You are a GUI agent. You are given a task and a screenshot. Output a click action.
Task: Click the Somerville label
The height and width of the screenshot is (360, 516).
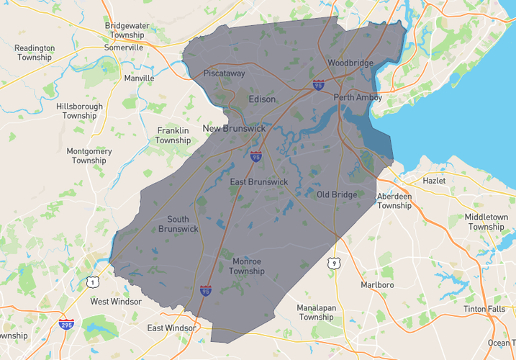pos(124,48)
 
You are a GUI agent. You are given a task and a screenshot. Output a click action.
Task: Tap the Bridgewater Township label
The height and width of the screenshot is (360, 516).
pos(125,30)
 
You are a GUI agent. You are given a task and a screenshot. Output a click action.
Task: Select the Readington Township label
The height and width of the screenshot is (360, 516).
pos(35,53)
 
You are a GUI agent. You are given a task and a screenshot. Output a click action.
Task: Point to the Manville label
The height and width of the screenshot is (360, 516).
pos(139,78)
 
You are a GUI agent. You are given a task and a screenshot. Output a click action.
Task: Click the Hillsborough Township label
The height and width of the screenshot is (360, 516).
pos(79,111)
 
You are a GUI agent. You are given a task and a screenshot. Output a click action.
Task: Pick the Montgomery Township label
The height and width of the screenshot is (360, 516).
pos(89,156)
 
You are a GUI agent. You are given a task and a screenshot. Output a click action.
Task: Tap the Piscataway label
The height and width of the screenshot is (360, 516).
pos(225,73)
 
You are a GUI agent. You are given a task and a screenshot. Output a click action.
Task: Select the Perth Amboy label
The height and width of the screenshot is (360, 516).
pos(358,97)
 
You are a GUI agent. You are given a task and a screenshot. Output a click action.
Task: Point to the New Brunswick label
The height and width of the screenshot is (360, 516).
pos(234,129)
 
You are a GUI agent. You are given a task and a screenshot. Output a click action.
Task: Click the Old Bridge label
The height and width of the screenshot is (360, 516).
pos(337,194)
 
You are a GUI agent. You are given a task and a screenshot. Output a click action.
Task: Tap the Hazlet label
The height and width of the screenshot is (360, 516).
pos(435,181)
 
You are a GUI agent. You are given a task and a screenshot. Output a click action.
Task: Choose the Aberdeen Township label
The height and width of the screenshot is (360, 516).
pos(394,201)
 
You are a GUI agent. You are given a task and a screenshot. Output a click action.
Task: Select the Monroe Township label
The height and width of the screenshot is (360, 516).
pos(248,266)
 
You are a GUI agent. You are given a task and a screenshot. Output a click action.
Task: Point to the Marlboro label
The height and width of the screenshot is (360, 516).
pos(377,285)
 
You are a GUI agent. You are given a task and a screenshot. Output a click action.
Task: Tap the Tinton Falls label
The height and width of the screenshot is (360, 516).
pos(484,309)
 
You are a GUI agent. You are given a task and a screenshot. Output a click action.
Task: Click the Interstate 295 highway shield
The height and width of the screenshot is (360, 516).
pos(66,325)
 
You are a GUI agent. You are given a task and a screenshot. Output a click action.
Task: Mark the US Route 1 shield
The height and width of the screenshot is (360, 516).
pos(93,282)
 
